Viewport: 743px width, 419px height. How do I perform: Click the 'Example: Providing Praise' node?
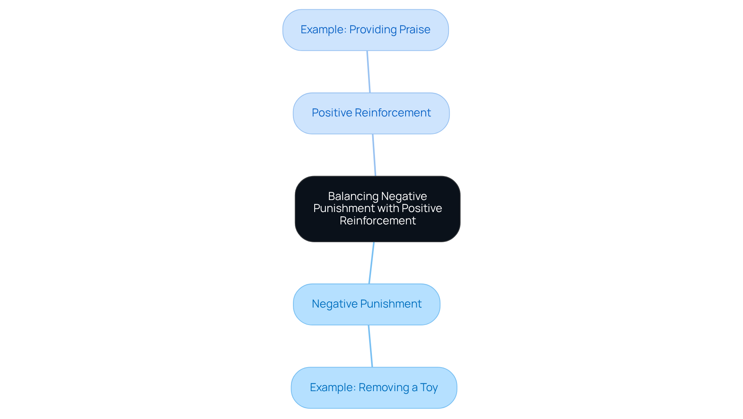[x=365, y=30]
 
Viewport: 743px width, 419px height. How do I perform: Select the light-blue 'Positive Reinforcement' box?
[x=371, y=113]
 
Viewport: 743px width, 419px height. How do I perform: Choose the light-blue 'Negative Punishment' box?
[x=366, y=304]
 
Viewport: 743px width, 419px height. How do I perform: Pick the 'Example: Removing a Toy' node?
[x=374, y=387]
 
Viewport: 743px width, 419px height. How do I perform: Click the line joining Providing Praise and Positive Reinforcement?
[x=368, y=72]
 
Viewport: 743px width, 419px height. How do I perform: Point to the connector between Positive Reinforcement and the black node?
[x=374, y=155]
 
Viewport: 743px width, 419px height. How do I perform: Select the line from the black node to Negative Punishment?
[x=371, y=263]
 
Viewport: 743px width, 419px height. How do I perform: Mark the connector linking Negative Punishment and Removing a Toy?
[x=370, y=346]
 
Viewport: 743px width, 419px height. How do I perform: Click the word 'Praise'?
[x=415, y=30]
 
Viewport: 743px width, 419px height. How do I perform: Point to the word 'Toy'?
[x=429, y=387]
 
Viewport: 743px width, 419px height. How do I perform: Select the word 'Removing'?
[x=384, y=387]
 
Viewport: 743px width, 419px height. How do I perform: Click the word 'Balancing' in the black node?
[x=353, y=196]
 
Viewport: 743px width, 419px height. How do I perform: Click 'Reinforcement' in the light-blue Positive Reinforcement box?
[x=392, y=113]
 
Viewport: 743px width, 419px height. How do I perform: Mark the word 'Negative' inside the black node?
[x=404, y=196]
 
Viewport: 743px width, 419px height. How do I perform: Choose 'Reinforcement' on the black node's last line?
[x=378, y=221]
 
